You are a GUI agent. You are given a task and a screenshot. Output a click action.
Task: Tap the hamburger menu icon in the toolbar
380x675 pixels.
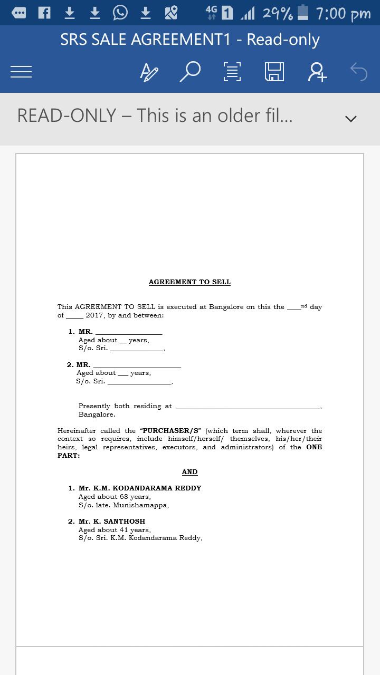pyautogui.click(x=21, y=72)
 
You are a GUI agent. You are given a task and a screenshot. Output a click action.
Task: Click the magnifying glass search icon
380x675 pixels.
pyautogui.click(x=190, y=72)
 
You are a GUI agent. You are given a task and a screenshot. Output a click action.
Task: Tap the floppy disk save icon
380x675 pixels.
pyautogui.click(x=274, y=72)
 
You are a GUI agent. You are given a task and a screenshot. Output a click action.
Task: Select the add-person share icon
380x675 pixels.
pyautogui.click(x=317, y=72)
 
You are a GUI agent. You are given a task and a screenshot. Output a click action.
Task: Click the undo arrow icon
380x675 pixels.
pyautogui.click(x=359, y=72)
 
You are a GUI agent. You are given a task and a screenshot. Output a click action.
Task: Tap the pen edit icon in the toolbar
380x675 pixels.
pyautogui.click(x=149, y=72)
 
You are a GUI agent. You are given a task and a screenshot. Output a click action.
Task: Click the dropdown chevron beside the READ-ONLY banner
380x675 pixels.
pyautogui.click(x=350, y=118)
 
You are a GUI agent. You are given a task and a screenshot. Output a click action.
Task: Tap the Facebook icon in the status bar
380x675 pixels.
pyautogui.click(x=44, y=13)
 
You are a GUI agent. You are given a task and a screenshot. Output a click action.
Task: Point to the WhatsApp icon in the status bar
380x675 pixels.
pyautogui.click(x=120, y=13)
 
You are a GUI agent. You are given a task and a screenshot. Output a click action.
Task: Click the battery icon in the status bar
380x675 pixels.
pyautogui.click(x=303, y=13)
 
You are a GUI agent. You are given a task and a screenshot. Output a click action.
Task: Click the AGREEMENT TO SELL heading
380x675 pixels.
pyautogui.click(x=189, y=282)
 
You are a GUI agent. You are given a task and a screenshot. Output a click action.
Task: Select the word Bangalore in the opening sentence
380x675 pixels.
pyautogui.click(x=226, y=307)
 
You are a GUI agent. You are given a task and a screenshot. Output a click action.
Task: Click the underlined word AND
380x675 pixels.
pyautogui.click(x=189, y=472)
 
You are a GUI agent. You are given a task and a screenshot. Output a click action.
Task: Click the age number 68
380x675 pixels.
pyautogui.click(x=123, y=497)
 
